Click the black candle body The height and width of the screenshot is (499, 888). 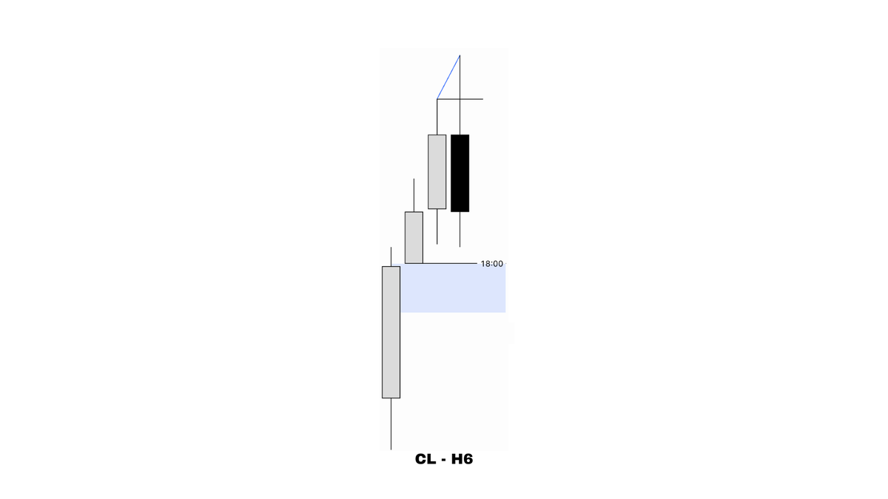(460, 173)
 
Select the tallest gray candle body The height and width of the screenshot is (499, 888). (391, 332)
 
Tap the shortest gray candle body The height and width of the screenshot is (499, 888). (414, 237)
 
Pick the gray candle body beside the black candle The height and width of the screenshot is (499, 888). (437, 172)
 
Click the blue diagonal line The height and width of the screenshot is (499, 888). (448, 77)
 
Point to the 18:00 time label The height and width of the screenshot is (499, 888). (492, 264)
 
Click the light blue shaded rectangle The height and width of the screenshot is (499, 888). (453, 288)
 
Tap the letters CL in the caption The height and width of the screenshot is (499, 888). (425, 459)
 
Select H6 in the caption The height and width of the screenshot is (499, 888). (462, 459)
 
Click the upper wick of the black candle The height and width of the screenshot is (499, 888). (460, 95)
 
